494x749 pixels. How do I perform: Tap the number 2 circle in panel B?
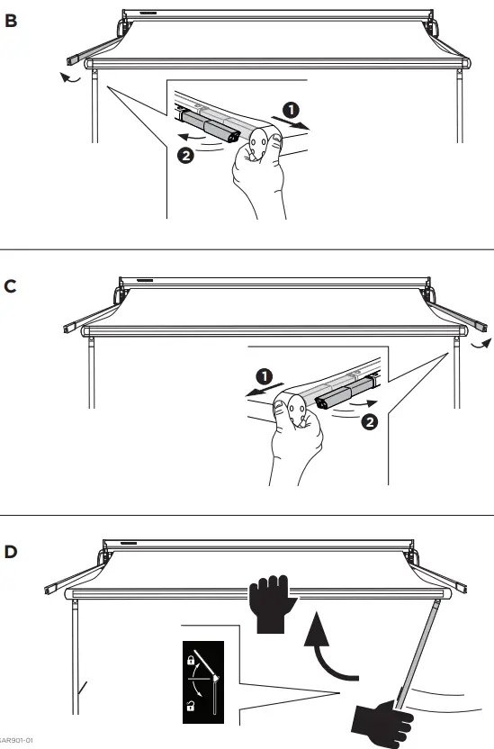point(184,155)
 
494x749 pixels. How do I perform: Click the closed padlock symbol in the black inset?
point(190,660)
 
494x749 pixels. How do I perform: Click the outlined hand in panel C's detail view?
point(292,441)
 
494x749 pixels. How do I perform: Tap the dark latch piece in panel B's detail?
point(211,125)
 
